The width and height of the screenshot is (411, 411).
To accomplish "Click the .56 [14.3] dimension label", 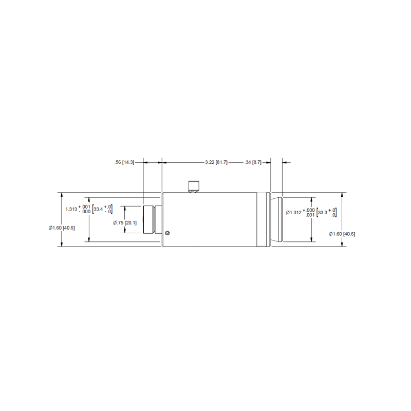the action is click(x=124, y=162).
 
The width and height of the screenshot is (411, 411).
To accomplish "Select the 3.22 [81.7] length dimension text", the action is click(x=216, y=162).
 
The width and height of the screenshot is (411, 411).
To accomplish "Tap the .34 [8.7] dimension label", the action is click(x=253, y=162).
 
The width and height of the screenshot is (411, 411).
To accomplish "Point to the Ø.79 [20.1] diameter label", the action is click(x=125, y=223).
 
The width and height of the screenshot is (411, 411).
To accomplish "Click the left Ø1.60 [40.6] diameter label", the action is click(x=62, y=228).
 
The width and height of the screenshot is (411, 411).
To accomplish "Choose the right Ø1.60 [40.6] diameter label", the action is click(x=342, y=234).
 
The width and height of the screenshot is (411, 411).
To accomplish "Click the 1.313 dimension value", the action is click(x=71, y=209).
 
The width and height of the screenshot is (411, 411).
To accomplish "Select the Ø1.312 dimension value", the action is click(x=294, y=213).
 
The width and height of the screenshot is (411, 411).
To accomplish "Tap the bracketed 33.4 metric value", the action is click(x=98, y=209).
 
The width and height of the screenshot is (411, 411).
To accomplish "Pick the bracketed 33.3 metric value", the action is click(x=323, y=213).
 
